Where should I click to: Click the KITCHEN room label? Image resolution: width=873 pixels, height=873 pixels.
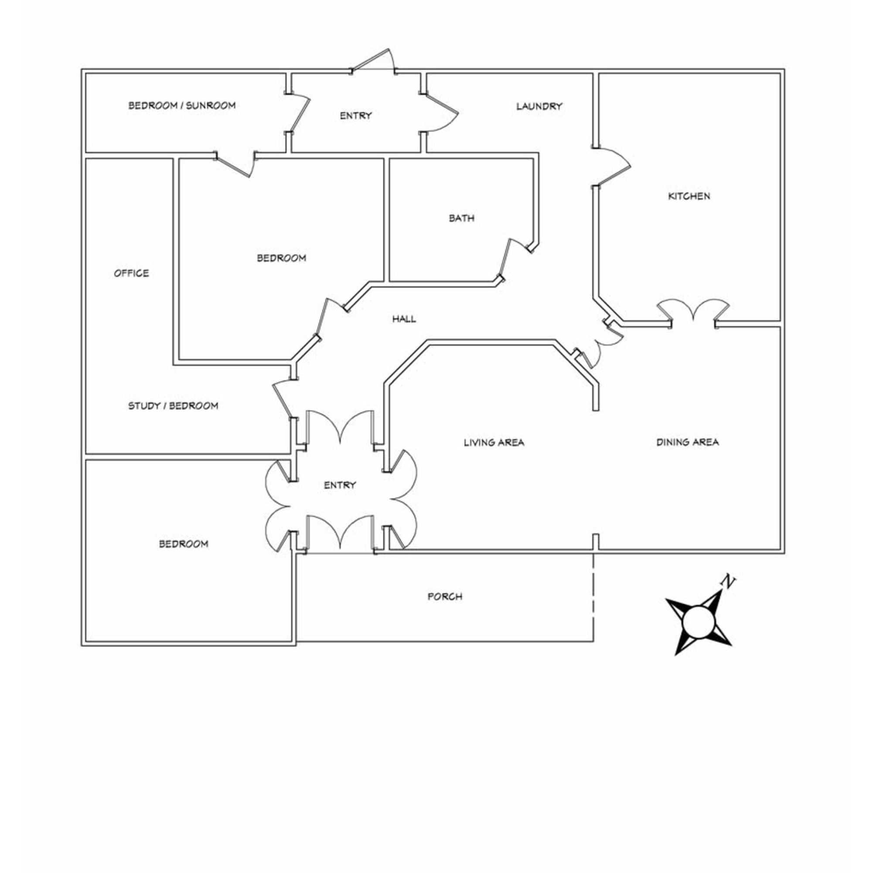coord(689,196)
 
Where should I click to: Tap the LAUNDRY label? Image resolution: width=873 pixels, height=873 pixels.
coord(539,106)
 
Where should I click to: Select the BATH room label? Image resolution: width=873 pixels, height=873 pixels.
coord(461,218)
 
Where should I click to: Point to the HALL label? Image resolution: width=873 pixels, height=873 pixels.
coord(404,319)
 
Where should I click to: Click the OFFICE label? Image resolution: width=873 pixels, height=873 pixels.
coord(131,273)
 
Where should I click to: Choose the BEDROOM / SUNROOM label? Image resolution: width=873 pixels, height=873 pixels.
coord(182,105)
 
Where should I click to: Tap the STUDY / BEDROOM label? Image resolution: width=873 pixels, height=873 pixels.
coord(173,406)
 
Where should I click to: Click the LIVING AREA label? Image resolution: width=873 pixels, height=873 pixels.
coord(494,442)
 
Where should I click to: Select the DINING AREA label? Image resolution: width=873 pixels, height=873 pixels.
coord(687,442)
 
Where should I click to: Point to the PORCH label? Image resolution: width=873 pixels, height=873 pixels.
coord(445,597)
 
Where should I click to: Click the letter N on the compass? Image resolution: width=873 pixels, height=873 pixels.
coord(727,581)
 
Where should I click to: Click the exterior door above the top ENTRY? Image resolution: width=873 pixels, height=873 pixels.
coord(373,60)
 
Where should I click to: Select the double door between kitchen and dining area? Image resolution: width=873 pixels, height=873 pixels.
coord(693,310)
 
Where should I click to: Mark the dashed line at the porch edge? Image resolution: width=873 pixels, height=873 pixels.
coord(593,597)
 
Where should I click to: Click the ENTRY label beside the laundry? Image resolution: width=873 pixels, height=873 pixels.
coord(356,116)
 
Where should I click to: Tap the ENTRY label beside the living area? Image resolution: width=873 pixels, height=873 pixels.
coord(340,485)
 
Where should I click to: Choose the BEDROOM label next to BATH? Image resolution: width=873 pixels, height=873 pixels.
coord(282,258)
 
